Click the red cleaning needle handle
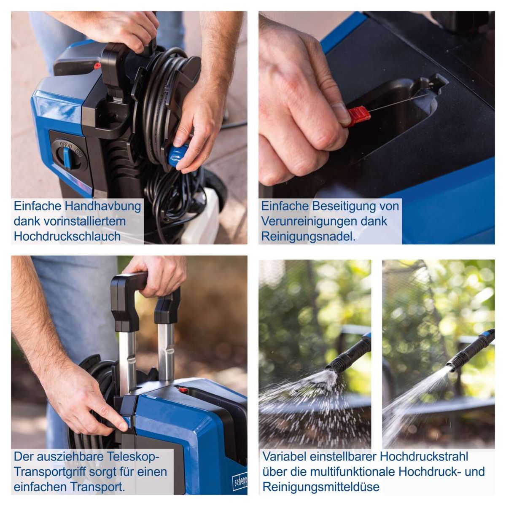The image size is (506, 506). [358, 116]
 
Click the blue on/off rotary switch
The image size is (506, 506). [67, 157]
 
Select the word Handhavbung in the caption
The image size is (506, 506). [103, 206]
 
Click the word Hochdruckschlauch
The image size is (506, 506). [67, 236]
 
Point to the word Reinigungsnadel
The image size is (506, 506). [308, 237]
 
